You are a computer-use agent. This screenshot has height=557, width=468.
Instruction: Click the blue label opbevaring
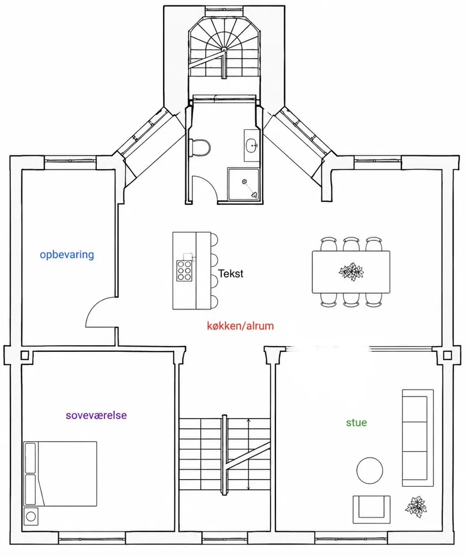67,255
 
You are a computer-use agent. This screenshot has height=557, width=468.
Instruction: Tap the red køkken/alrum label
240,326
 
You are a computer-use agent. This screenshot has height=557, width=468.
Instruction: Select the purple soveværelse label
96,415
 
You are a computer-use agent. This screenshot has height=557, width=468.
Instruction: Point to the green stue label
356,422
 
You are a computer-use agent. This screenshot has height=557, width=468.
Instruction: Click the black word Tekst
231,274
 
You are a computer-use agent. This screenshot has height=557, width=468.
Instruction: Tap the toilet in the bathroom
200,147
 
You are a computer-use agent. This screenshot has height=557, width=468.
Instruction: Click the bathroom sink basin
251,146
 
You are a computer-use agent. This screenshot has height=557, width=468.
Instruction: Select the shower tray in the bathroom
243,184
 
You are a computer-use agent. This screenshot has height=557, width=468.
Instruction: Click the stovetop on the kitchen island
184,271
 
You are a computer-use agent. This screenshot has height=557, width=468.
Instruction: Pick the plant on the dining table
352,272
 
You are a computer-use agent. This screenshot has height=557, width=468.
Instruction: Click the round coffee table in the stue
370,471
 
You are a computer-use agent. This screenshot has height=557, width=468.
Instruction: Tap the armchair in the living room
371,509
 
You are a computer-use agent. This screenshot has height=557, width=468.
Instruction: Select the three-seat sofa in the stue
417,438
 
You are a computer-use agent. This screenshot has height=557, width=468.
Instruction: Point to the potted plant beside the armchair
416,506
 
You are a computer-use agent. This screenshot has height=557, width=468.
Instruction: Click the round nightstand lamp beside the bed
31,516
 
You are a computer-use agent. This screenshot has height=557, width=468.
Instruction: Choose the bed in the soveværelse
60,474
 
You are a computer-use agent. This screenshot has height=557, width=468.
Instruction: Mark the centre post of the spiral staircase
224,49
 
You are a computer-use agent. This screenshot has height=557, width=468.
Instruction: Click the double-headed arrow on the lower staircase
248,454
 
